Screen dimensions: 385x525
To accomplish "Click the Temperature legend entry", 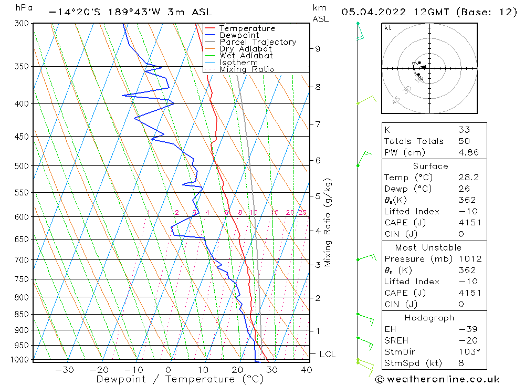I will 247,28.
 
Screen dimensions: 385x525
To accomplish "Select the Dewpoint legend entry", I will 239,35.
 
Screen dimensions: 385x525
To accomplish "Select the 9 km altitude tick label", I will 318,49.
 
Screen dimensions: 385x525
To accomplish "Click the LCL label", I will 327,355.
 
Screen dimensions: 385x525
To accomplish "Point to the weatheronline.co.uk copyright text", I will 438,379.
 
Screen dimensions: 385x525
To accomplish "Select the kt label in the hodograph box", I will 387,28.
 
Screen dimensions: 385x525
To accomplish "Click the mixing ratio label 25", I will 302,213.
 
